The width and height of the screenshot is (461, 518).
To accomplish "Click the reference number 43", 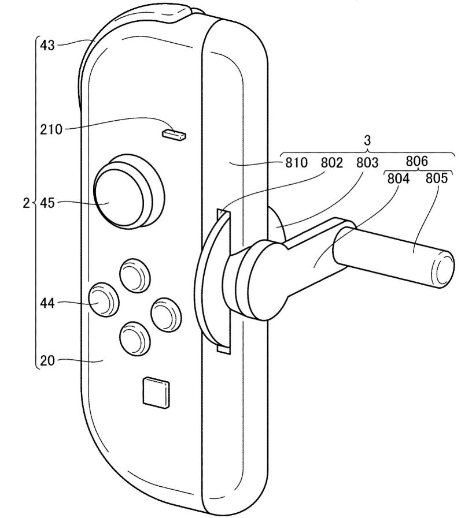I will tap(47, 44).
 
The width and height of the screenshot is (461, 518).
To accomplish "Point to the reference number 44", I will tap(49, 302).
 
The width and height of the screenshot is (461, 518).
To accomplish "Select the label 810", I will tap(296, 163).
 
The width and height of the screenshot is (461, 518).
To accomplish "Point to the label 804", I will tap(399, 179).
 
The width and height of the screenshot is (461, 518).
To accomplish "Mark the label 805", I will tap(437, 179).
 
